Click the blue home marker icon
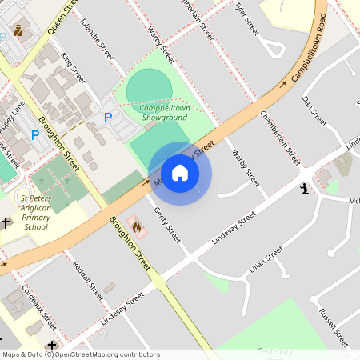(180, 173)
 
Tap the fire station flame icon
(137, 228)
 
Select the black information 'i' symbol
(304, 190)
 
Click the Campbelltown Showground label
(163, 113)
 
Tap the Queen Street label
(62, 16)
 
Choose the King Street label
(73, 70)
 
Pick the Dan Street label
(315, 110)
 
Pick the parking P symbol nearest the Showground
(108, 118)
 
